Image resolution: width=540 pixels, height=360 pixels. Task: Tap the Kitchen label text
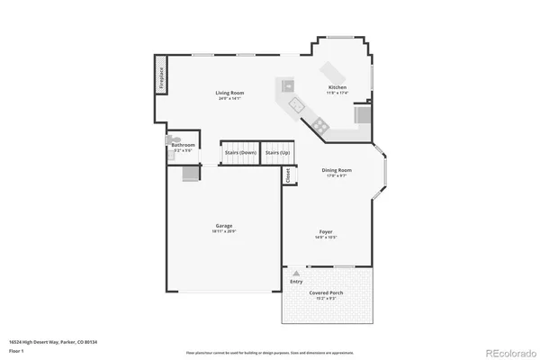point(337,88)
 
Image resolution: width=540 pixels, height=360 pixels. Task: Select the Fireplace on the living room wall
point(161,78)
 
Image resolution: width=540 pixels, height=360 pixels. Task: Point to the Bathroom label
point(184,145)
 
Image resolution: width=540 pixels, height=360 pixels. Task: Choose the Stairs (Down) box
point(240,153)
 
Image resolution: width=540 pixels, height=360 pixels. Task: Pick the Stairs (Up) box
point(277,153)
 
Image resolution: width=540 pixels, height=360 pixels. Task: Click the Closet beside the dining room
point(288,176)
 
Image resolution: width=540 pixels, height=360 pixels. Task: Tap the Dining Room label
point(337,170)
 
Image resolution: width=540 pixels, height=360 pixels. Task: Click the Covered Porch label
point(326,292)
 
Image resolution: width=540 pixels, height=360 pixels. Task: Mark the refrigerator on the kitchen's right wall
point(364,114)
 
